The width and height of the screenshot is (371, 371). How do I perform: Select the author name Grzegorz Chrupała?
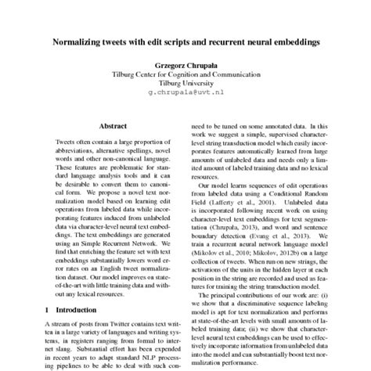pyautogui.click(x=185, y=67)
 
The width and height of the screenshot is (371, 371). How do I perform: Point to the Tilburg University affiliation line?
pyautogui.click(x=185, y=84)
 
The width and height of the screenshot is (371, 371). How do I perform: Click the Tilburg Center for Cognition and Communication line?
pyautogui.click(x=185, y=75)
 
